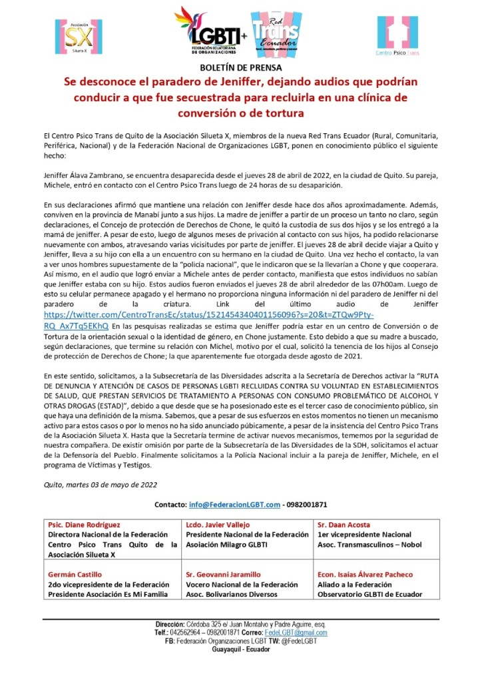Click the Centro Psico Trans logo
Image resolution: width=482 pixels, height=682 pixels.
pos(397,36)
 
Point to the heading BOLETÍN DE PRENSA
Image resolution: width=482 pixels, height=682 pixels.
pos(241,68)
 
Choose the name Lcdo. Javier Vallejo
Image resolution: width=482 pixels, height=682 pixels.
pos(217,525)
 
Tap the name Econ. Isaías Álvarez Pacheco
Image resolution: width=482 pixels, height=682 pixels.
pos(365,574)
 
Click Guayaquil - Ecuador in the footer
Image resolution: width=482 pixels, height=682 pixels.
pos(241,649)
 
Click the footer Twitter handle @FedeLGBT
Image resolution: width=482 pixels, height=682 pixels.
pos(299,641)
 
